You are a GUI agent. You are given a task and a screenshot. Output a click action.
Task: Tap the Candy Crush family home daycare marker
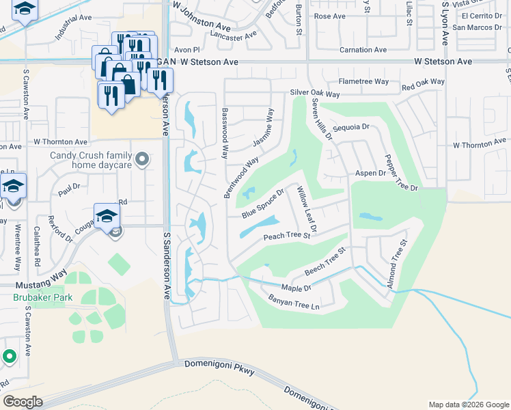(142, 160)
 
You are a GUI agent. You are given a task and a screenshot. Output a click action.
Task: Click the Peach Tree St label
(287, 236)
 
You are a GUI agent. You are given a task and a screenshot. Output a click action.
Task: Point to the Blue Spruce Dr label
(262, 204)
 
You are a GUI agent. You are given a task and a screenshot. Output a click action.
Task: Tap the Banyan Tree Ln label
(294, 300)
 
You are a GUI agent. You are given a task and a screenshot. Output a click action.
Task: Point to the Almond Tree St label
(398, 263)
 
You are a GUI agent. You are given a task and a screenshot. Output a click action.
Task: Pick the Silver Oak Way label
(315, 93)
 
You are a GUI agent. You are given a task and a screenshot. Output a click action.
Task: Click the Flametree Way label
(363, 81)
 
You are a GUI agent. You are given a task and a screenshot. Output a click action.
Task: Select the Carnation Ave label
(363, 50)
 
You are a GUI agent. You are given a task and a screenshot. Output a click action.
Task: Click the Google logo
(22, 401)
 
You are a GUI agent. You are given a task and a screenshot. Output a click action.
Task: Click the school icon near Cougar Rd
(107, 217)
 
